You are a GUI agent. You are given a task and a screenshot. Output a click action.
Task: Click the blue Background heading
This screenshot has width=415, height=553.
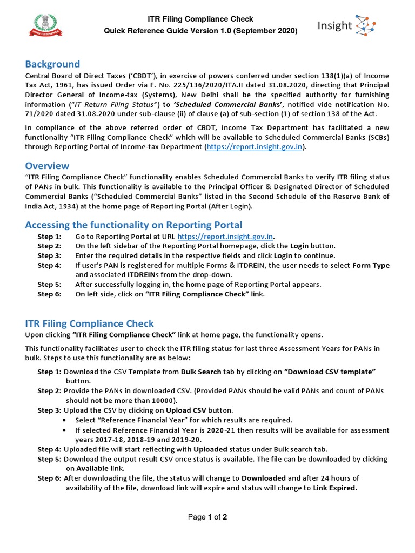tap(52, 64)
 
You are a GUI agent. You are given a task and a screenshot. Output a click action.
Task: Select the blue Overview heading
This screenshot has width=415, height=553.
tap(48, 165)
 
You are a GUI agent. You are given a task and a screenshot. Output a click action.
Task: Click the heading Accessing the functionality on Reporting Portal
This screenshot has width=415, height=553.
tap(133, 225)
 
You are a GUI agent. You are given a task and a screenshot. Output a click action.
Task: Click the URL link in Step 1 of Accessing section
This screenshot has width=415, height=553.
tap(225, 237)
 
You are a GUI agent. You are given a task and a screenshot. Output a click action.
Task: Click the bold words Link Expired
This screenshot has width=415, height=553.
tap(334, 488)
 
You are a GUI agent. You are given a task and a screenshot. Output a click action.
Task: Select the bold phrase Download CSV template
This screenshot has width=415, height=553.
tap(330, 372)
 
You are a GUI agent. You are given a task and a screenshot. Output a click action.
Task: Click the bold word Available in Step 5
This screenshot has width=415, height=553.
tap(92, 469)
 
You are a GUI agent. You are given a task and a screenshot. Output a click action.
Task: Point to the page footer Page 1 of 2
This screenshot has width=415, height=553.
tap(207, 517)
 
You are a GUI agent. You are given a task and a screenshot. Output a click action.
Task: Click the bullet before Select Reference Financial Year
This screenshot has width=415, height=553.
tap(65, 420)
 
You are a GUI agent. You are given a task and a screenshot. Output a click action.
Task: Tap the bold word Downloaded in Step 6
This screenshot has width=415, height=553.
tap(264, 478)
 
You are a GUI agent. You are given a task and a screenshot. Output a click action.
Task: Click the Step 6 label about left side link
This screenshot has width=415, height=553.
tap(49, 294)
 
